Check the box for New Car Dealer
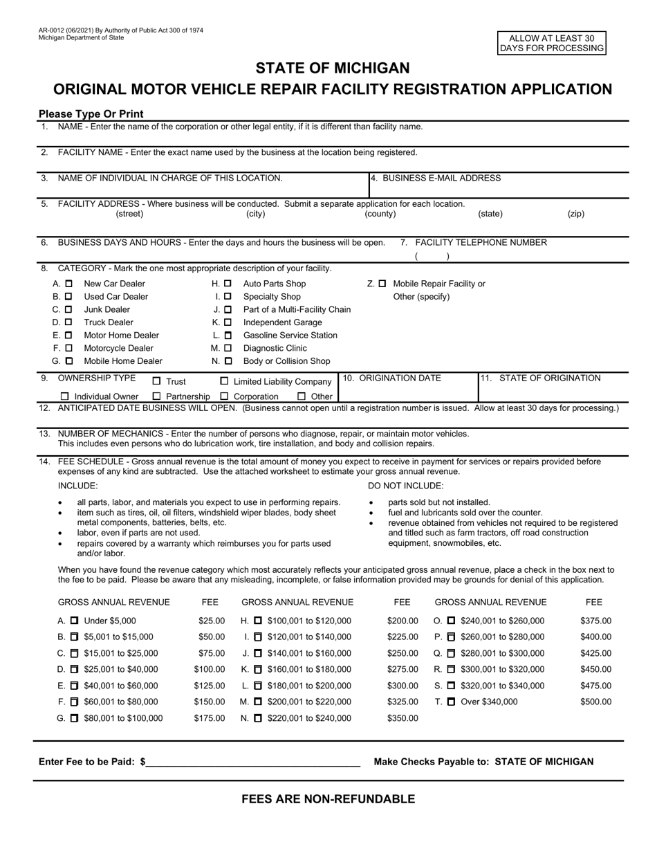coord(68,284)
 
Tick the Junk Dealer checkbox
coord(68,309)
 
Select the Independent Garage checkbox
coord(228,322)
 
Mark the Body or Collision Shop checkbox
coord(228,361)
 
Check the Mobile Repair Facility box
coord(382,284)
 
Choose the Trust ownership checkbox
coord(156,381)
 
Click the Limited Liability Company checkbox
coord(224,381)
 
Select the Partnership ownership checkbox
coord(156,396)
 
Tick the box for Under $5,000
coord(75,621)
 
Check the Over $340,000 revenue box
coord(452,702)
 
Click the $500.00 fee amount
coord(595,702)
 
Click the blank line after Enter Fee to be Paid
coord(252,762)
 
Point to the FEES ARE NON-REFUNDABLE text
coord(328,799)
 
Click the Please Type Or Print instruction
coord(91,113)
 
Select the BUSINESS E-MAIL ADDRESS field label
coord(436,178)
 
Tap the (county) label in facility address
coord(380,214)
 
